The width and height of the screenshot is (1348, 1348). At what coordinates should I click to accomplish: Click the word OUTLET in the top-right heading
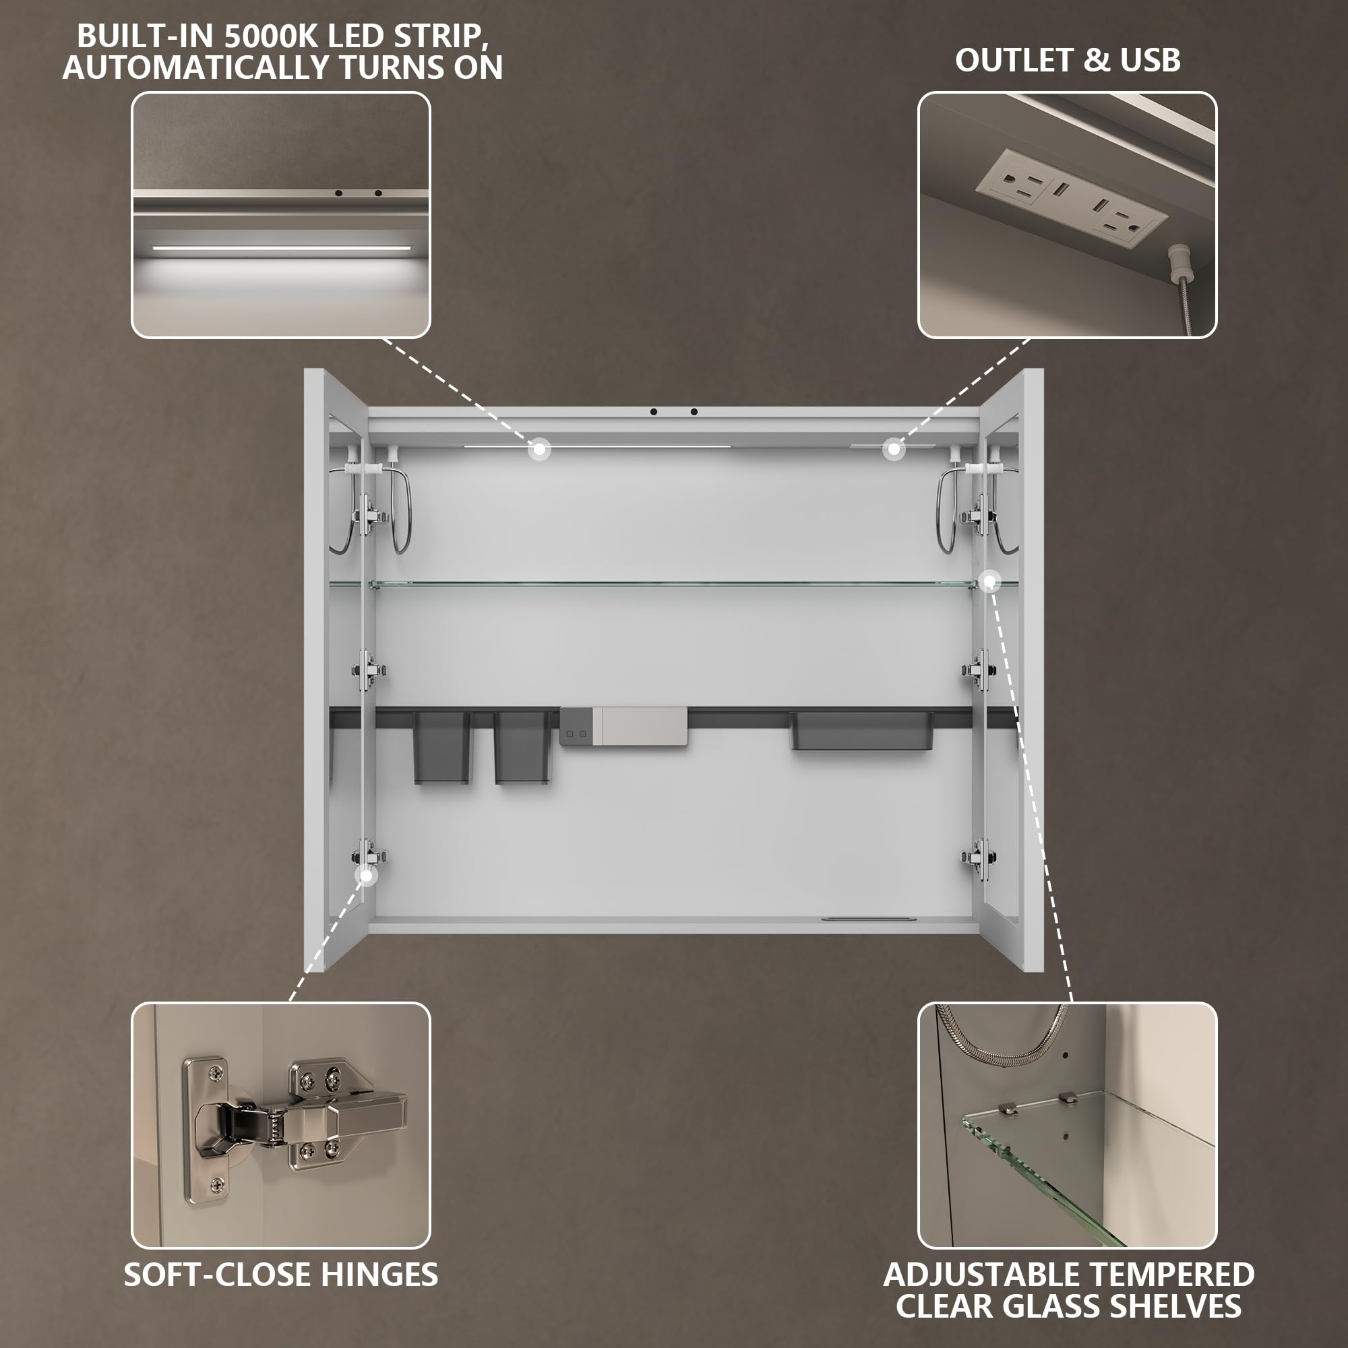tap(1015, 61)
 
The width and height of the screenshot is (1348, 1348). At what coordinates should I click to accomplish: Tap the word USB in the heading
tap(1151, 61)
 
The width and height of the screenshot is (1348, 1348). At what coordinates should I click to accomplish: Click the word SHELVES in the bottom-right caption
tap(1175, 1306)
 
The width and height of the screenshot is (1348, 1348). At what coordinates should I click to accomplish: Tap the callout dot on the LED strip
tap(539, 450)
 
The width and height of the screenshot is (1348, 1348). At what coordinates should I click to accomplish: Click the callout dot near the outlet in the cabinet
tap(894, 450)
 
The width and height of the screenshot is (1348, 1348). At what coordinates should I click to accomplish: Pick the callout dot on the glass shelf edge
tap(989, 580)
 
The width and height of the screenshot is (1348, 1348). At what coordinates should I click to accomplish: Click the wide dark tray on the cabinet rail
tap(860, 731)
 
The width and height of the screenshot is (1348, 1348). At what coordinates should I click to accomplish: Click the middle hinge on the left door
tap(369, 671)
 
